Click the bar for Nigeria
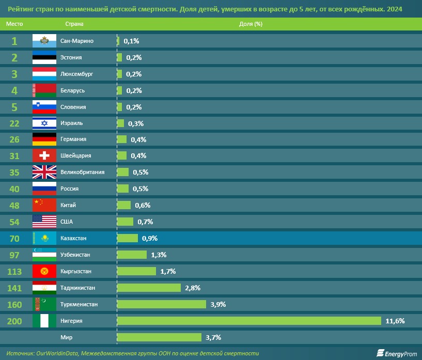(249, 321)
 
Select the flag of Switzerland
(44, 155)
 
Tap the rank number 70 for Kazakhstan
(14, 239)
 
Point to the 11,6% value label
(395, 321)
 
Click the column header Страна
(74, 24)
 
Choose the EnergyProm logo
(397, 353)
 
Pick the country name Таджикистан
(78, 288)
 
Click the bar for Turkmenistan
(162, 304)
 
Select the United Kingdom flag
(44, 172)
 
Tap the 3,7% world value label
(213, 337)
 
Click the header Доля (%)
(251, 24)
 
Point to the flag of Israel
(44, 123)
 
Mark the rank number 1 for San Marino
(14, 41)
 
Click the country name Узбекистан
(75, 255)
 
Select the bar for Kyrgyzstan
(136, 271)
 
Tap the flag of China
(44, 205)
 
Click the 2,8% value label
(193, 288)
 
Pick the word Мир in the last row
(67, 337)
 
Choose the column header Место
(14, 24)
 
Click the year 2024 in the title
(395, 9)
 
